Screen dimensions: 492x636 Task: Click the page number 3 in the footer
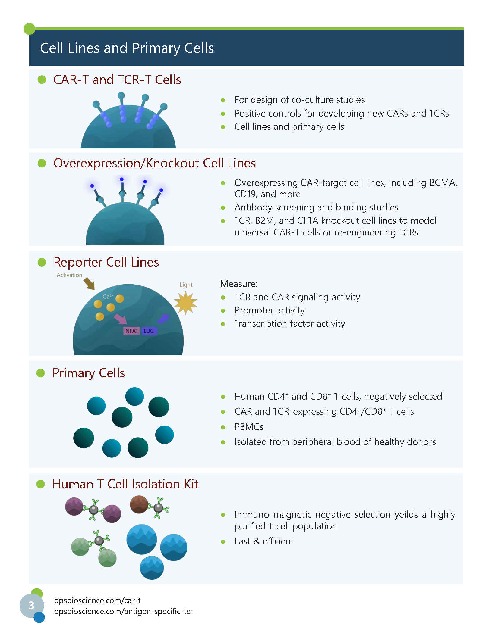point(31,605)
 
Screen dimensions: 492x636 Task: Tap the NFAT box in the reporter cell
point(132,331)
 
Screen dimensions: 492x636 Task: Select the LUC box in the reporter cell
point(149,331)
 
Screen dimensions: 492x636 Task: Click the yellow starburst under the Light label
point(186,303)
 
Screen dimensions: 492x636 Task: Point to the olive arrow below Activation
point(89,284)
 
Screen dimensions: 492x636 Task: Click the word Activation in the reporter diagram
point(69,275)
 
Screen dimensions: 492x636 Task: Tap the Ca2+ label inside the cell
point(108,296)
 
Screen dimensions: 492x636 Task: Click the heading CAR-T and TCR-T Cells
point(117,80)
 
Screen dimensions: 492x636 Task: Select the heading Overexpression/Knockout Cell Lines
point(154,163)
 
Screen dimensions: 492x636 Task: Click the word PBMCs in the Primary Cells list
point(249,427)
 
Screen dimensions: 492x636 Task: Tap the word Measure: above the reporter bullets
point(239,284)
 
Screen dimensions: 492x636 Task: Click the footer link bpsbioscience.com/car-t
point(97,600)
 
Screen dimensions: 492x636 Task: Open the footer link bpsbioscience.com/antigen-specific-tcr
point(123,611)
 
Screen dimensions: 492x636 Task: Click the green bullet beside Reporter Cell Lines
point(42,262)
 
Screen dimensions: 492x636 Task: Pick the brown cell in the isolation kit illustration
point(139,504)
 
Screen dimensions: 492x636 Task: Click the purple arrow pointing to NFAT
point(120,319)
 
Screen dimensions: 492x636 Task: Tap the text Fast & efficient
point(264,541)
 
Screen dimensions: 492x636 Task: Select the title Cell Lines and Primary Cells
point(127,48)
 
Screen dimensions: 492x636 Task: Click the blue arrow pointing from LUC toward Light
point(163,319)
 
